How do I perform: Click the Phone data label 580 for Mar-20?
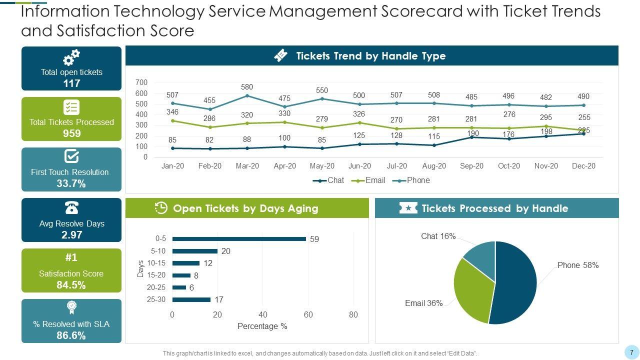pyautogui.click(x=246, y=87)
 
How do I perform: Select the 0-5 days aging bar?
pyautogui.click(x=239, y=239)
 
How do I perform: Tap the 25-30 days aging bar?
pyautogui.click(x=191, y=299)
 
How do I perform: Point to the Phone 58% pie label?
pyautogui.click(x=578, y=265)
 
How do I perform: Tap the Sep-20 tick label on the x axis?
pyautogui.click(x=471, y=166)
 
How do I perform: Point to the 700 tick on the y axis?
pyautogui.click(x=141, y=82)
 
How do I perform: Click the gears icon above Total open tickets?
pyautogui.click(x=71, y=57)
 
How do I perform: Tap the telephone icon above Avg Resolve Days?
pyautogui.click(x=71, y=207)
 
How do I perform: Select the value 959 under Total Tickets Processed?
pyautogui.click(x=71, y=133)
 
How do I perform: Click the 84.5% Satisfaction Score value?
pyautogui.click(x=71, y=285)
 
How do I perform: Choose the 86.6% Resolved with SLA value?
pyautogui.click(x=71, y=335)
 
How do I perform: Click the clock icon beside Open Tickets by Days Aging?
pyautogui.click(x=161, y=208)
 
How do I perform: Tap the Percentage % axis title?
pyautogui.click(x=262, y=326)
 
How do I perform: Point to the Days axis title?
pyautogui.click(x=140, y=269)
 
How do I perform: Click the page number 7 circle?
pyautogui.click(x=631, y=351)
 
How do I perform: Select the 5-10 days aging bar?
pyautogui.click(x=195, y=251)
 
